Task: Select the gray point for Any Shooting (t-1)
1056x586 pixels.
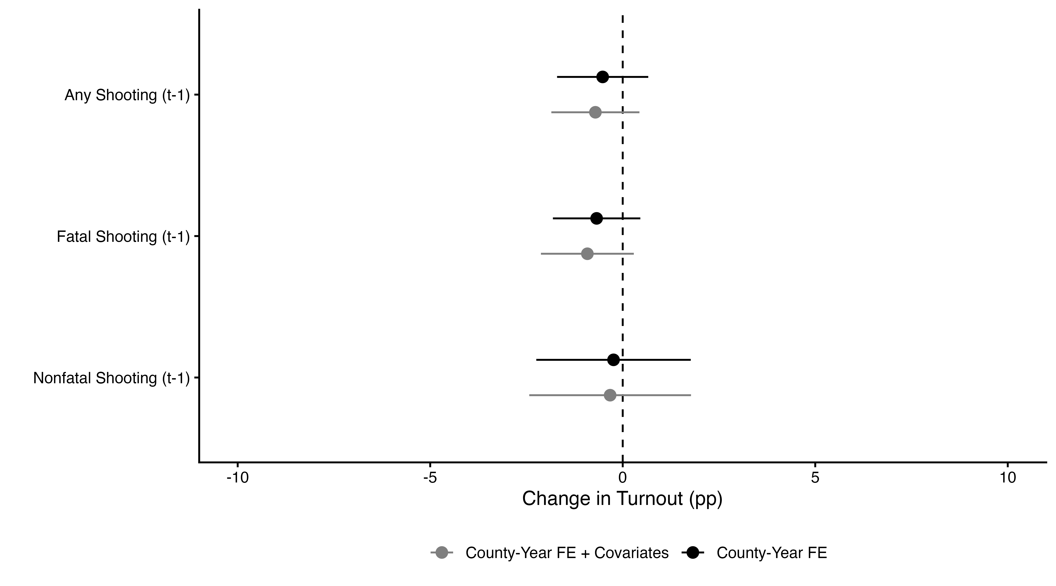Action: point(595,112)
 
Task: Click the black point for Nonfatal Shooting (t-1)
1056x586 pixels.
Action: point(613,360)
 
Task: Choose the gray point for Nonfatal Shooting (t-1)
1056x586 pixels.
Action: point(610,395)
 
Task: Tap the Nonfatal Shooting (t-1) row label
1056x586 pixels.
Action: point(111,378)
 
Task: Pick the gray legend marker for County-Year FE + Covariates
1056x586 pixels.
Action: point(442,553)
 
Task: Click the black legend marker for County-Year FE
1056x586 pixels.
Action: point(693,553)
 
